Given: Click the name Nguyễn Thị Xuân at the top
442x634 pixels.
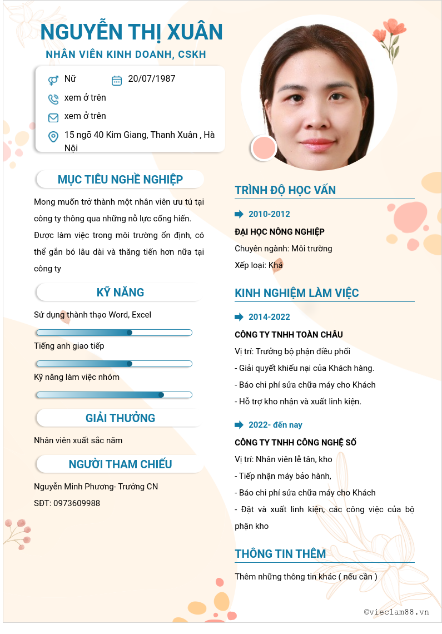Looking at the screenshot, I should [131, 32].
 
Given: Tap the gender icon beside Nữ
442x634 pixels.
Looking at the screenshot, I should [53, 80].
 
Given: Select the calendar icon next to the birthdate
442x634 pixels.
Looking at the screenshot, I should [117, 80].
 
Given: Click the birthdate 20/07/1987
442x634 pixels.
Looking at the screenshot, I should [151, 79].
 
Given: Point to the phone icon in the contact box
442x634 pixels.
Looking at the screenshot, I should [53, 99].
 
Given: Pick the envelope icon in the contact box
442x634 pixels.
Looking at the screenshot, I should [53, 117].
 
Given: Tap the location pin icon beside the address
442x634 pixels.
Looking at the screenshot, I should [53, 136].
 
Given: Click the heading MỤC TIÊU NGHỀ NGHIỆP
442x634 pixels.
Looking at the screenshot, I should [120, 180].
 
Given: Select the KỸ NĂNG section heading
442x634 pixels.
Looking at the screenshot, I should [120, 293].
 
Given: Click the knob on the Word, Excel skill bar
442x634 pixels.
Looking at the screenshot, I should [130, 333].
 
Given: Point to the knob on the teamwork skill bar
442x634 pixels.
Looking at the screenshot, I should [161, 395].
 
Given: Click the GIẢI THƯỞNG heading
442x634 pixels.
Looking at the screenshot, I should [120, 418].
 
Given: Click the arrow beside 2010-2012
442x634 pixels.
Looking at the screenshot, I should [239, 214].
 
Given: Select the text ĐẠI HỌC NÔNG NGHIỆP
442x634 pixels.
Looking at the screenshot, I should [280, 231].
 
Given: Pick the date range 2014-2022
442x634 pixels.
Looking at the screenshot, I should [269, 317].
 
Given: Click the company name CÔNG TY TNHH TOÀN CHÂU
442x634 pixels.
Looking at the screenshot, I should [289, 335].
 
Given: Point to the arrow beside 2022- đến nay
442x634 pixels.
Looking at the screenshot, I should [239, 425].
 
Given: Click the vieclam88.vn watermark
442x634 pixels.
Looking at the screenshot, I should [396, 612].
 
